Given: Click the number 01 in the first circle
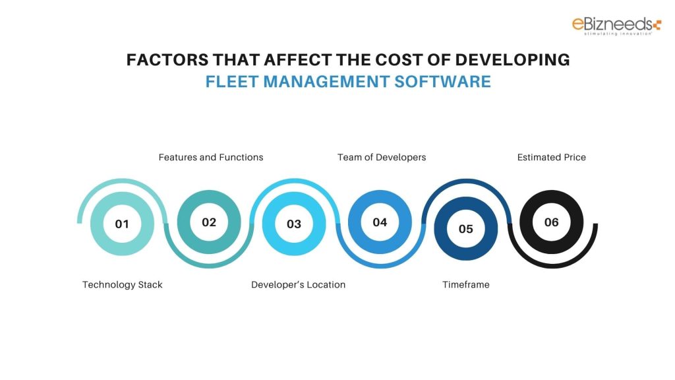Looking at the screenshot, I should tap(122, 224).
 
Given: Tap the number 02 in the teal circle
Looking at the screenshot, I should tap(209, 222).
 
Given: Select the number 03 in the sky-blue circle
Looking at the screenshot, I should tap(294, 224).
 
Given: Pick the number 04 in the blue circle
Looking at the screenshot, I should tap(380, 222).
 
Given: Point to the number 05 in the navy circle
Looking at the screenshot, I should tap(466, 229).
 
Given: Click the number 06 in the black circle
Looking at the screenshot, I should tap(552, 222).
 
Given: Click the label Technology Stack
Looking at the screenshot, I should tap(123, 284).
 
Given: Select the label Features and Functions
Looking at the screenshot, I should tap(211, 157).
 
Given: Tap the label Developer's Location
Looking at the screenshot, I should tap(299, 284).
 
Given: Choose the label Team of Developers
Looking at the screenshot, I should tap(382, 157).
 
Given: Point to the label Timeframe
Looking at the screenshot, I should tap(465, 284).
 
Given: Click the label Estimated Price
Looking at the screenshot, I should tap(552, 157).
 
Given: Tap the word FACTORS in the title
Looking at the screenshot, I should tap(167, 60).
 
